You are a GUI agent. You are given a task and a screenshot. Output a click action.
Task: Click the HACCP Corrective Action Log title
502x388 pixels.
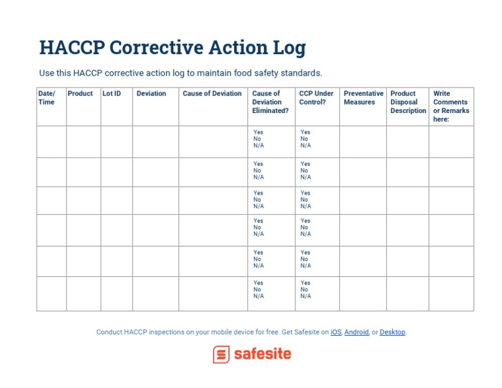[x=173, y=48]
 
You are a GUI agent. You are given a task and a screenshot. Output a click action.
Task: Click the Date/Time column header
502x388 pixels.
[x=46, y=98]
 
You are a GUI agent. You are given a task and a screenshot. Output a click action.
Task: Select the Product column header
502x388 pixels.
[x=80, y=93]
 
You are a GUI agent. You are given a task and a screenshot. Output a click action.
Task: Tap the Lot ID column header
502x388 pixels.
[x=112, y=93]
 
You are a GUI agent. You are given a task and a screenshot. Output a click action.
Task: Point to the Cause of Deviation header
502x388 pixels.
[x=212, y=93]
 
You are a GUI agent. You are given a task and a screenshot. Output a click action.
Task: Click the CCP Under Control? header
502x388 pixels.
[x=316, y=98]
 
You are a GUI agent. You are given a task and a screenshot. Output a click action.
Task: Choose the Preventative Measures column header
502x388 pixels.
[x=363, y=98]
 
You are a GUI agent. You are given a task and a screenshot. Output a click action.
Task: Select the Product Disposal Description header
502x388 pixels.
[x=408, y=102]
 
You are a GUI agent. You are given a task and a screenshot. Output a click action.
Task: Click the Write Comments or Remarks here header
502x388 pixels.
[x=451, y=106]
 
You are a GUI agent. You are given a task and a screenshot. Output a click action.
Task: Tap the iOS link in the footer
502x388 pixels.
[x=336, y=332]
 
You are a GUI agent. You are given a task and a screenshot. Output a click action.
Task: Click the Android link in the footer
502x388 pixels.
[x=356, y=332]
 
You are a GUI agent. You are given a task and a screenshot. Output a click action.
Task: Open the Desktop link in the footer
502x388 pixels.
[x=392, y=332]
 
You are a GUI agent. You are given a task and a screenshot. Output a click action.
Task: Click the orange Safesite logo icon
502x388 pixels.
[x=221, y=355]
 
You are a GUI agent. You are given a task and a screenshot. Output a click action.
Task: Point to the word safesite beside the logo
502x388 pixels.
[x=262, y=355]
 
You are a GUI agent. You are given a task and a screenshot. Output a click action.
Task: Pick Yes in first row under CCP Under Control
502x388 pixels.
[x=305, y=133]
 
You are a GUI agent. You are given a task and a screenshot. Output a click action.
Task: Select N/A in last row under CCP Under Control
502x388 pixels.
[x=305, y=297]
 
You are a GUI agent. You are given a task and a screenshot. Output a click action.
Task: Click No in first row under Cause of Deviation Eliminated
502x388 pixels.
[x=257, y=139]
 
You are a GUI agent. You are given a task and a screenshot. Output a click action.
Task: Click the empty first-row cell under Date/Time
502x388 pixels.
[x=51, y=142]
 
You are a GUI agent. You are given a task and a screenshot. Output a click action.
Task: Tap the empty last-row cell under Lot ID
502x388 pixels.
[x=116, y=294]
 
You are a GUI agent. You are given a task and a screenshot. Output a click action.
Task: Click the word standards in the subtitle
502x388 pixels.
[x=300, y=73]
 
